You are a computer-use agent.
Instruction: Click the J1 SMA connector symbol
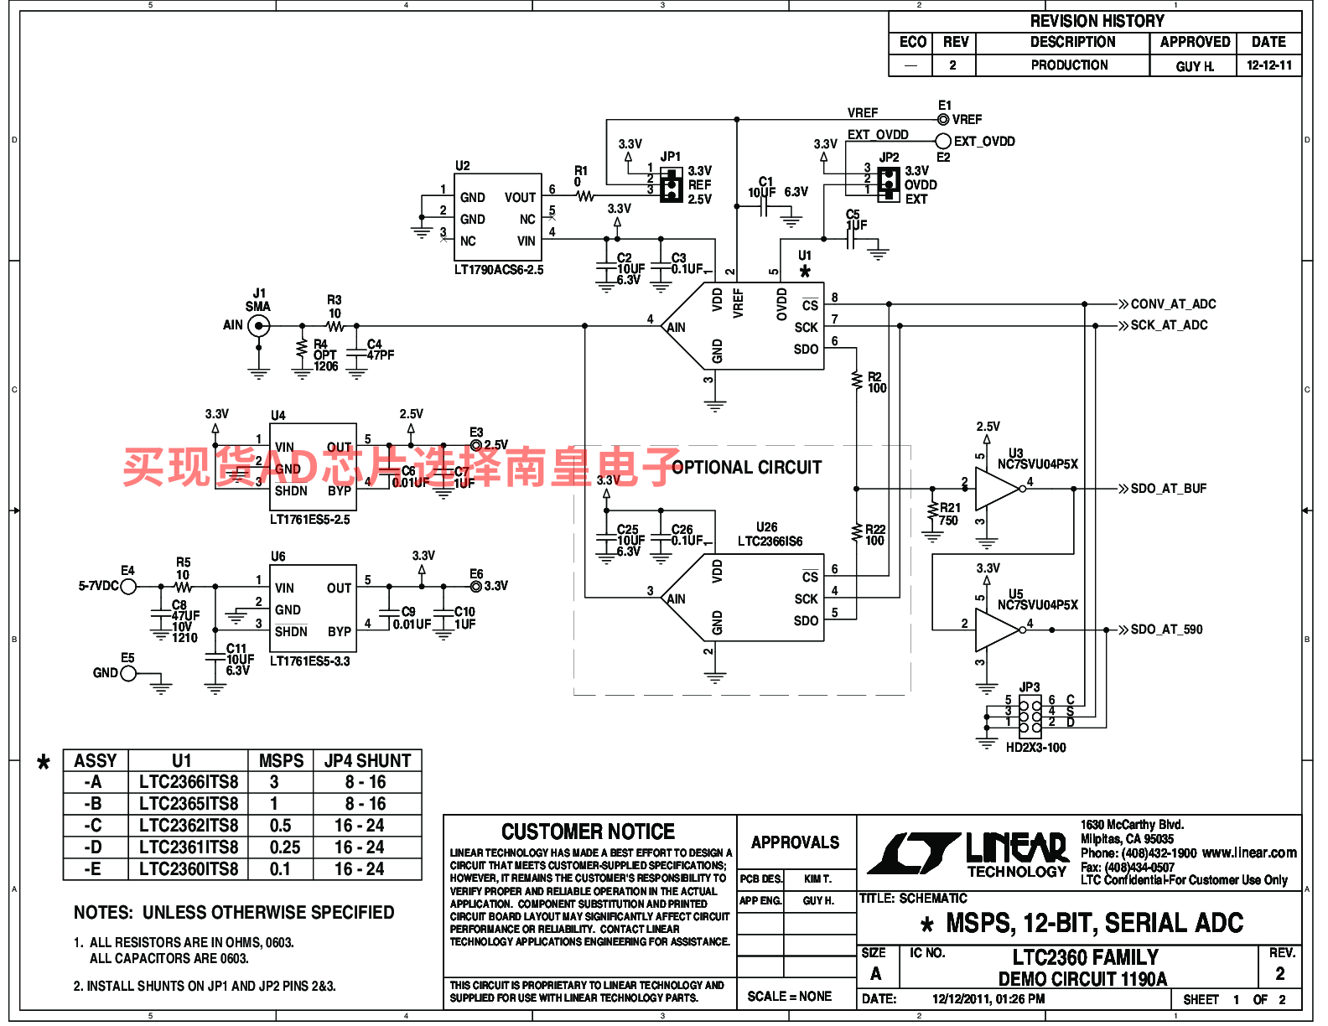pos(259,326)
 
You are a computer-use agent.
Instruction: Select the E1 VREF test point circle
pos(943,119)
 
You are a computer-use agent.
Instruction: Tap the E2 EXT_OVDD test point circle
pos(943,142)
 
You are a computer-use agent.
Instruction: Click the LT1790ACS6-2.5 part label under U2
pos(499,270)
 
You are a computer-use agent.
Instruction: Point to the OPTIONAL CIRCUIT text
pos(746,468)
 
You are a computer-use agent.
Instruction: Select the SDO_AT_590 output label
pos(1166,630)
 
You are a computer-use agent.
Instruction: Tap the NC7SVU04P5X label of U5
pos(1037,605)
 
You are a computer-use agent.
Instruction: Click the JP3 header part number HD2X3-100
pos(1035,748)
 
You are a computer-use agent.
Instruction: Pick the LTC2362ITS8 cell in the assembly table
pos(189,826)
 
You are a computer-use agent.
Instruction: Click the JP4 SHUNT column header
pos(367,761)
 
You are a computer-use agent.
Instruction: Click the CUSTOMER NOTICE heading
pos(588,832)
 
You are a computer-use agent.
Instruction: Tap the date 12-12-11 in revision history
pos(1268,65)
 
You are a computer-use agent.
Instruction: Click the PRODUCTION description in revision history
pos(1069,65)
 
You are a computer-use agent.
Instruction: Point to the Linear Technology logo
pos(968,854)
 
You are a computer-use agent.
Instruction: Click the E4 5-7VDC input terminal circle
pos(128,587)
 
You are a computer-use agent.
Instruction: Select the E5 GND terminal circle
pos(128,673)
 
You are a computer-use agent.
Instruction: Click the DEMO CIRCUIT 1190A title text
pos(1082,979)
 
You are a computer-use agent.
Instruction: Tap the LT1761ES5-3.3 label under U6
pos(309,661)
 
